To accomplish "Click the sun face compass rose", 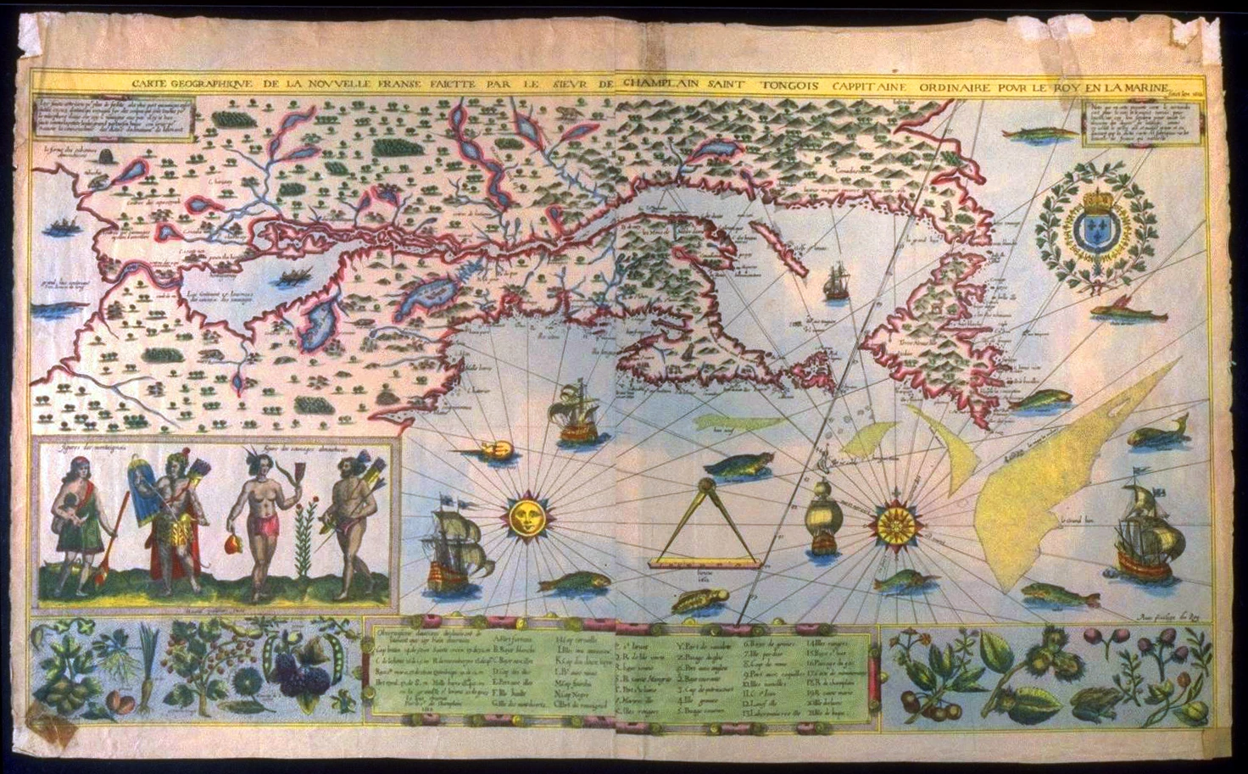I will [x=525, y=516].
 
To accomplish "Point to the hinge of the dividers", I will [x=706, y=485].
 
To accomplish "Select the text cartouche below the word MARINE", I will [x=1134, y=123].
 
